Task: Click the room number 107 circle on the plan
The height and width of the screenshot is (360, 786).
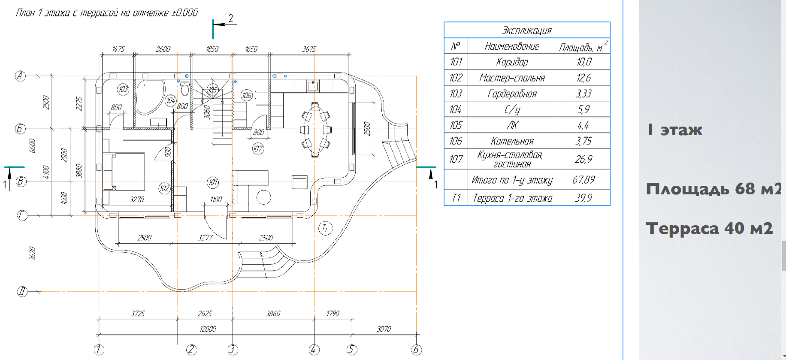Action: [x=258, y=149]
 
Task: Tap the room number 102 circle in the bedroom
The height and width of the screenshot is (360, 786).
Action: [x=164, y=188]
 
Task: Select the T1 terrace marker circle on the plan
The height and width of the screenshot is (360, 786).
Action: [x=325, y=228]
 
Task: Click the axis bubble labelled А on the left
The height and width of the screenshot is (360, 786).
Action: [x=20, y=76]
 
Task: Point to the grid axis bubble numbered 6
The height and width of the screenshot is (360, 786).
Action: [x=417, y=350]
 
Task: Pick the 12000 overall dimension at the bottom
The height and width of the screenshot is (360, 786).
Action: [x=208, y=329]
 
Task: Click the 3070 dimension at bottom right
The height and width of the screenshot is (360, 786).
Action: [x=384, y=329]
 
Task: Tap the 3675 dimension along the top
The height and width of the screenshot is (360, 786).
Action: [x=309, y=49]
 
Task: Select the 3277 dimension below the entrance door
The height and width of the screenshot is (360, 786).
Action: [x=206, y=237]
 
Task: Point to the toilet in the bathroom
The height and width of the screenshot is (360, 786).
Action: [x=185, y=89]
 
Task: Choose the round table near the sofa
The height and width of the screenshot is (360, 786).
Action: [x=263, y=197]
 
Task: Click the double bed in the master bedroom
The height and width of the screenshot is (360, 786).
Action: [x=124, y=171]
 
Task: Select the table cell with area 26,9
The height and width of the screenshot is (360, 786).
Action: [x=583, y=159]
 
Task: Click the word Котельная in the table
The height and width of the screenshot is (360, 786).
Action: [x=512, y=141]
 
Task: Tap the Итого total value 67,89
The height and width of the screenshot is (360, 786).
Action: [x=583, y=180]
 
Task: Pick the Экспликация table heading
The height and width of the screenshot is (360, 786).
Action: [x=527, y=30]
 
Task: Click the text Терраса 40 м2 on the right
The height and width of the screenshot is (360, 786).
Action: [x=709, y=228]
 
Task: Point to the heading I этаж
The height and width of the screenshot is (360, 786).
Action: [x=675, y=130]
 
